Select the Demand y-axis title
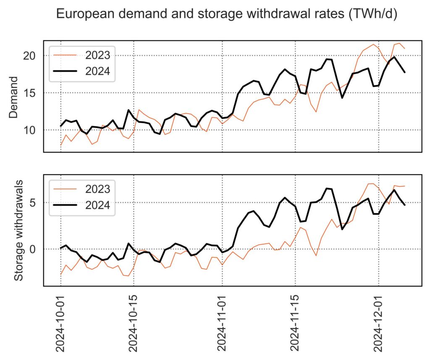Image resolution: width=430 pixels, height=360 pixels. click(13, 97)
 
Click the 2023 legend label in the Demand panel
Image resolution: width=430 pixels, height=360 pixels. click(98, 55)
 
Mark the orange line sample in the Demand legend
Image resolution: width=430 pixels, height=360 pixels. click(65, 55)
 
